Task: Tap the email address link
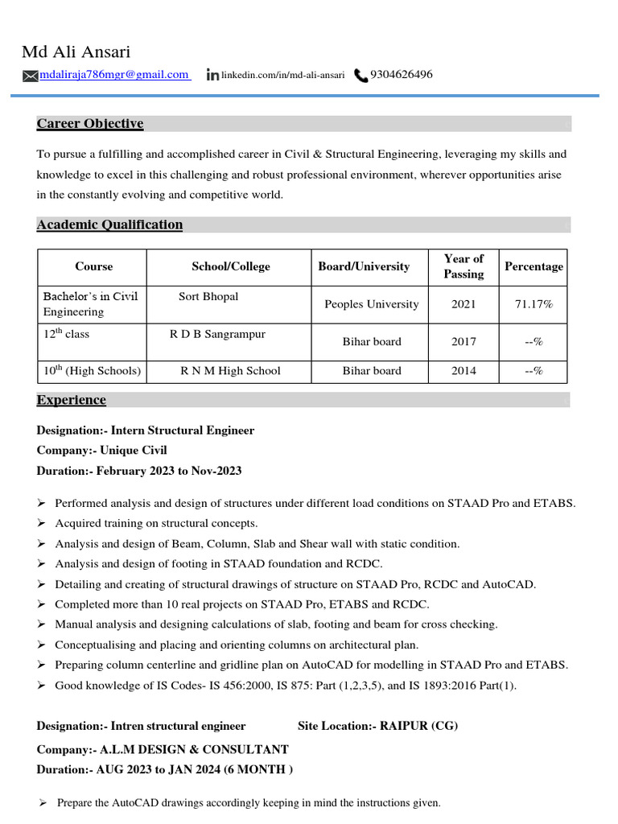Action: (113, 75)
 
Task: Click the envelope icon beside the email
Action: (30, 76)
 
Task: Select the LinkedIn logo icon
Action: (212, 75)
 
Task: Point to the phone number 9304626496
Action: (401, 75)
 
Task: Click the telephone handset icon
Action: (360, 76)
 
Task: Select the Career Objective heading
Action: (90, 123)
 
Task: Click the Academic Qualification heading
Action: (109, 225)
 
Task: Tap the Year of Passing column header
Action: (463, 266)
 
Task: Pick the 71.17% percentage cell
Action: (534, 304)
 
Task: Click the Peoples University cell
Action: (371, 304)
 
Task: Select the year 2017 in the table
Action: (463, 341)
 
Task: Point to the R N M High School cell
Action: (230, 371)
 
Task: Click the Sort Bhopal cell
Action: (208, 296)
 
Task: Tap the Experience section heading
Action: (71, 400)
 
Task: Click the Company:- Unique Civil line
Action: (102, 451)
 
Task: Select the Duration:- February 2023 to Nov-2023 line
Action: (139, 471)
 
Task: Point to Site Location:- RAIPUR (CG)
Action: (377, 726)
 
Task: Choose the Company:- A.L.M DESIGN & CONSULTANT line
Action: (163, 749)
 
